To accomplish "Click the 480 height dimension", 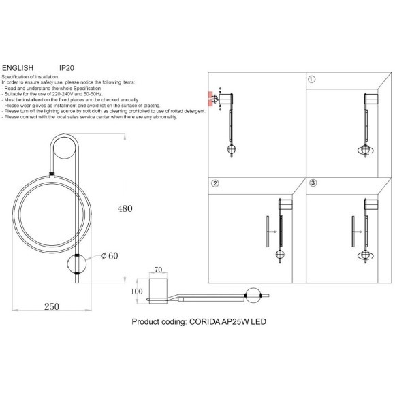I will coord(125,208).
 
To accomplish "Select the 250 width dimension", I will coord(52,306).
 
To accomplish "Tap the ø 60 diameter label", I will coord(109,256).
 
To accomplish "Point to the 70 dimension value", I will coord(159,270).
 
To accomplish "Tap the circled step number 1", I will coord(312,80).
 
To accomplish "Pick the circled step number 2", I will coord(215,184).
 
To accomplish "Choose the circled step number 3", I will coord(312,184).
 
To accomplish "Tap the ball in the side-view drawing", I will coord(253,295).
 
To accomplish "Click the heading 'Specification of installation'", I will coord(30,78).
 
